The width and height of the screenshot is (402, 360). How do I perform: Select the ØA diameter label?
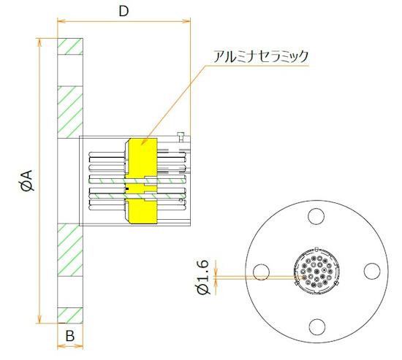coord(27,180)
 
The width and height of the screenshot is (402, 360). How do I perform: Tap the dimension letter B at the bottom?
coord(70,337)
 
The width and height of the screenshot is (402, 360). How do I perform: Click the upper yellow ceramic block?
coord(140,156)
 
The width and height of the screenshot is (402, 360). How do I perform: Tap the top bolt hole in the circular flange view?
coord(315,217)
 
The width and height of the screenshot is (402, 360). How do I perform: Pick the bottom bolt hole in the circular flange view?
coord(315,326)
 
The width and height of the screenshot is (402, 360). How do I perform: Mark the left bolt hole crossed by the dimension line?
coord(260,272)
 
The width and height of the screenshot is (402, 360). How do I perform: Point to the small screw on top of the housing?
coord(180,134)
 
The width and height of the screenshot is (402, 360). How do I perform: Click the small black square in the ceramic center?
coord(128,190)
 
